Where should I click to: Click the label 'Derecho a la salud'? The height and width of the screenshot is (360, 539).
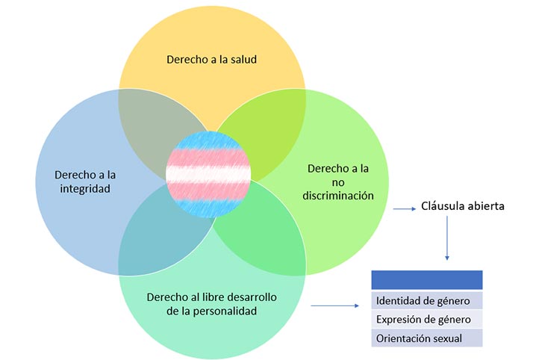(x=213, y=59)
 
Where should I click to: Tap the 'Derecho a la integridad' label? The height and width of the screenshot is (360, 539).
(x=86, y=181)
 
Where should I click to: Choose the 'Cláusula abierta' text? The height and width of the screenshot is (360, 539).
(x=463, y=206)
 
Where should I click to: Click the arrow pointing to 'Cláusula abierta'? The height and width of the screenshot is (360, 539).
(x=404, y=210)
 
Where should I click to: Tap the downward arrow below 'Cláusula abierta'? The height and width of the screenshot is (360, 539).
(x=447, y=239)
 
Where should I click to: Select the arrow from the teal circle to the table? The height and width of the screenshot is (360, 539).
(x=335, y=305)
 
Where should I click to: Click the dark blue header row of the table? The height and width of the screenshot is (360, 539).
(x=427, y=279)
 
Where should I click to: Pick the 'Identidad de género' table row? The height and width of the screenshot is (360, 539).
(x=423, y=301)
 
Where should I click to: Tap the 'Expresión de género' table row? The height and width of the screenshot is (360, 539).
(x=423, y=320)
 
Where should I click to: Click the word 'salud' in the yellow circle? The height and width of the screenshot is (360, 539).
(x=243, y=59)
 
